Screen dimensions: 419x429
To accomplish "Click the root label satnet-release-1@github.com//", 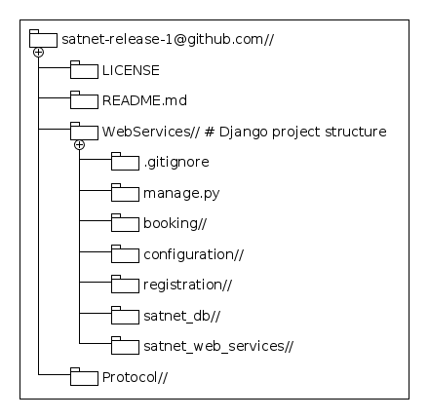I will pyautogui.click(x=167, y=40).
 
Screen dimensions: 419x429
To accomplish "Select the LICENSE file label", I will pyautogui.click(x=131, y=70).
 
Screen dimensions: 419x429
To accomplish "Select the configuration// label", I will pyautogui.click(x=193, y=256).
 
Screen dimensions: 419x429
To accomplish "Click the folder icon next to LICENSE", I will pyautogui.click(x=84, y=70).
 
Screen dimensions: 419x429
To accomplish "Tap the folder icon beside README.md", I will pyautogui.click(x=84, y=100).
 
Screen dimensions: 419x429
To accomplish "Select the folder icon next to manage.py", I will pyautogui.click(x=125, y=194).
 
